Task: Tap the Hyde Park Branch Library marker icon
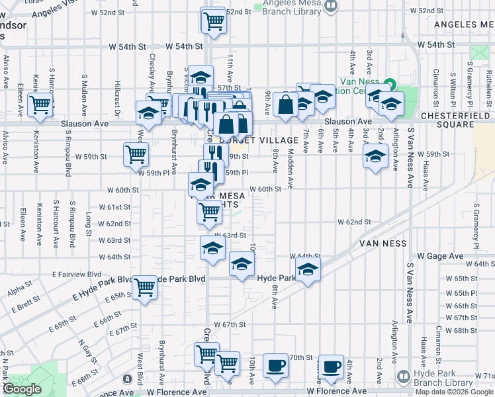(x=403, y=376)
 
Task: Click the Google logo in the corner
(x=22, y=389)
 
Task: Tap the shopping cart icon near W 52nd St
(x=214, y=21)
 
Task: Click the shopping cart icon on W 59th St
(x=136, y=155)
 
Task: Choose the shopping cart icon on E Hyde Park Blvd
(x=144, y=287)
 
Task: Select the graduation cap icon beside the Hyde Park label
(x=308, y=270)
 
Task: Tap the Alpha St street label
(x=16, y=291)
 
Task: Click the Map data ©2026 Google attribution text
(x=455, y=392)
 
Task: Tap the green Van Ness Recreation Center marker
(x=390, y=85)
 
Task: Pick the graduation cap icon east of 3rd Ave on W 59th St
(x=375, y=157)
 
